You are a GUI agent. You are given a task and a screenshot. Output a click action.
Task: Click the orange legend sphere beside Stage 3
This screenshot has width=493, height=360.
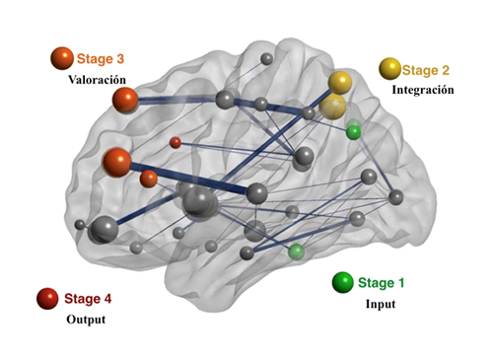(x=61, y=59)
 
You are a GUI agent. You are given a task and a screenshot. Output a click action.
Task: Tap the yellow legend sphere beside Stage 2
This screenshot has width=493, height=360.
(x=389, y=68)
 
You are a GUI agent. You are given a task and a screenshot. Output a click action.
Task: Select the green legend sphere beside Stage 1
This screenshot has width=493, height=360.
(x=342, y=283)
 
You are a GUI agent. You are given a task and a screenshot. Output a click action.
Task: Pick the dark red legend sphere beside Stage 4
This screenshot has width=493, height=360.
(x=45, y=297)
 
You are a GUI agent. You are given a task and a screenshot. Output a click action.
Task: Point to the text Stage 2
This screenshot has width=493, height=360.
(x=426, y=70)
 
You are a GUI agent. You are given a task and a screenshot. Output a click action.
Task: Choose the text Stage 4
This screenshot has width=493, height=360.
(x=88, y=298)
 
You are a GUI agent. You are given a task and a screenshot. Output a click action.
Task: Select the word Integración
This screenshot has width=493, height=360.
(x=422, y=90)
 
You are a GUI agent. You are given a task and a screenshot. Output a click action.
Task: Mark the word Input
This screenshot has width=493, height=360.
(x=380, y=304)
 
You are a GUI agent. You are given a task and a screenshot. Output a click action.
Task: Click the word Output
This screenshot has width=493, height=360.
(x=86, y=320)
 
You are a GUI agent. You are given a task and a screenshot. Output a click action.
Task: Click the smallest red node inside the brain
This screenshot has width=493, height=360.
(x=176, y=143)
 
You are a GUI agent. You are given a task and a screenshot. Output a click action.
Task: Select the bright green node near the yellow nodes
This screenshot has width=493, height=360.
(x=354, y=131)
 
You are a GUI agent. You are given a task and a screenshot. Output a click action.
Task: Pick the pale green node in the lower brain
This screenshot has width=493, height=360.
(x=296, y=252)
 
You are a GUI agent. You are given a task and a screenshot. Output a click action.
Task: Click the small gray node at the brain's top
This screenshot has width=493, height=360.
(x=266, y=59)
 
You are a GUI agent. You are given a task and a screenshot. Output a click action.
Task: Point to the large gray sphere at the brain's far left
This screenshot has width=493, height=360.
(x=103, y=231)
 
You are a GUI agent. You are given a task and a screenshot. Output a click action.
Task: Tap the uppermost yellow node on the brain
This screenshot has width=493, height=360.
(x=340, y=82)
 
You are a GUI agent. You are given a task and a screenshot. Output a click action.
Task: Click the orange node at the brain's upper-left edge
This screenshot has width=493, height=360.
(x=125, y=100)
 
